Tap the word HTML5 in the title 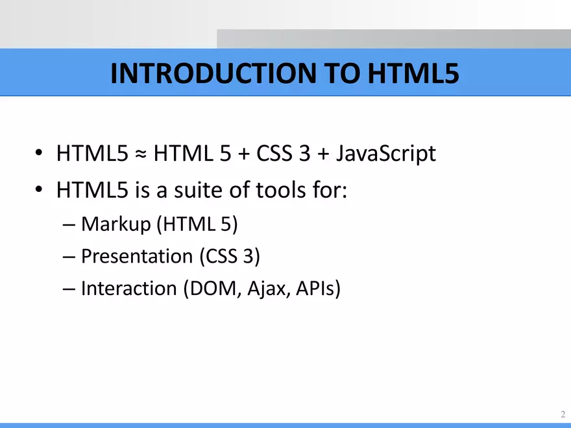tap(413, 74)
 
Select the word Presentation tap(137, 257)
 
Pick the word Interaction tap(128, 288)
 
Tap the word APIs tap(316, 288)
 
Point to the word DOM tap(213, 288)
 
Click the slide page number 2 tap(562, 414)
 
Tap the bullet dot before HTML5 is tap(40, 191)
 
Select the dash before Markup tap(71, 226)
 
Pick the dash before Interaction tap(71, 289)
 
